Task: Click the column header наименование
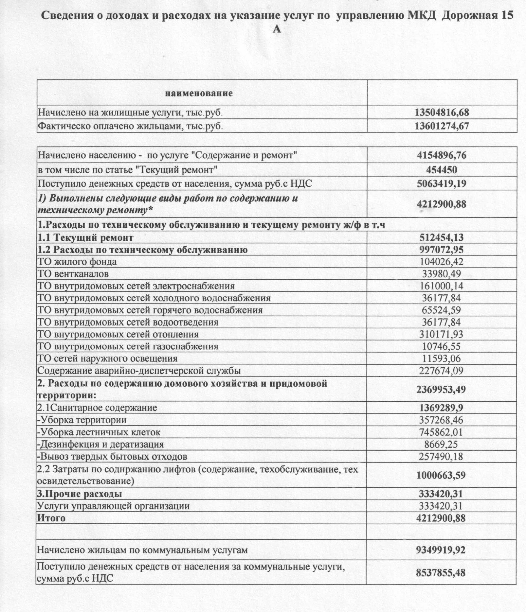(x=199, y=94)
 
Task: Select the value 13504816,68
(x=442, y=113)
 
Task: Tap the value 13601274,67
(x=442, y=126)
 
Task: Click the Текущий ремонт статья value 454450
(x=441, y=170)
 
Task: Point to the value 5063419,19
(x=441, y=184)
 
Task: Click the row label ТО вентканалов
(x=73, y=274)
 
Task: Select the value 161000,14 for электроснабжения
(x=441, y=286)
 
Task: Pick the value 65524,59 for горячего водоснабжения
(x=441, y=310)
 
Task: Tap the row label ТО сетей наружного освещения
(x=107, y=358)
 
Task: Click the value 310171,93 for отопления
(x=441, y=334)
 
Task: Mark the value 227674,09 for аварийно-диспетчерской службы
(x=441, y=371)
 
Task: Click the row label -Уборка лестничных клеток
(x=99, y=432)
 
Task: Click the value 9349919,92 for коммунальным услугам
(x=441, y=550)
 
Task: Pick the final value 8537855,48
(x=441, y=573)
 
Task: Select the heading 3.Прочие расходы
(x=80, y=494)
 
